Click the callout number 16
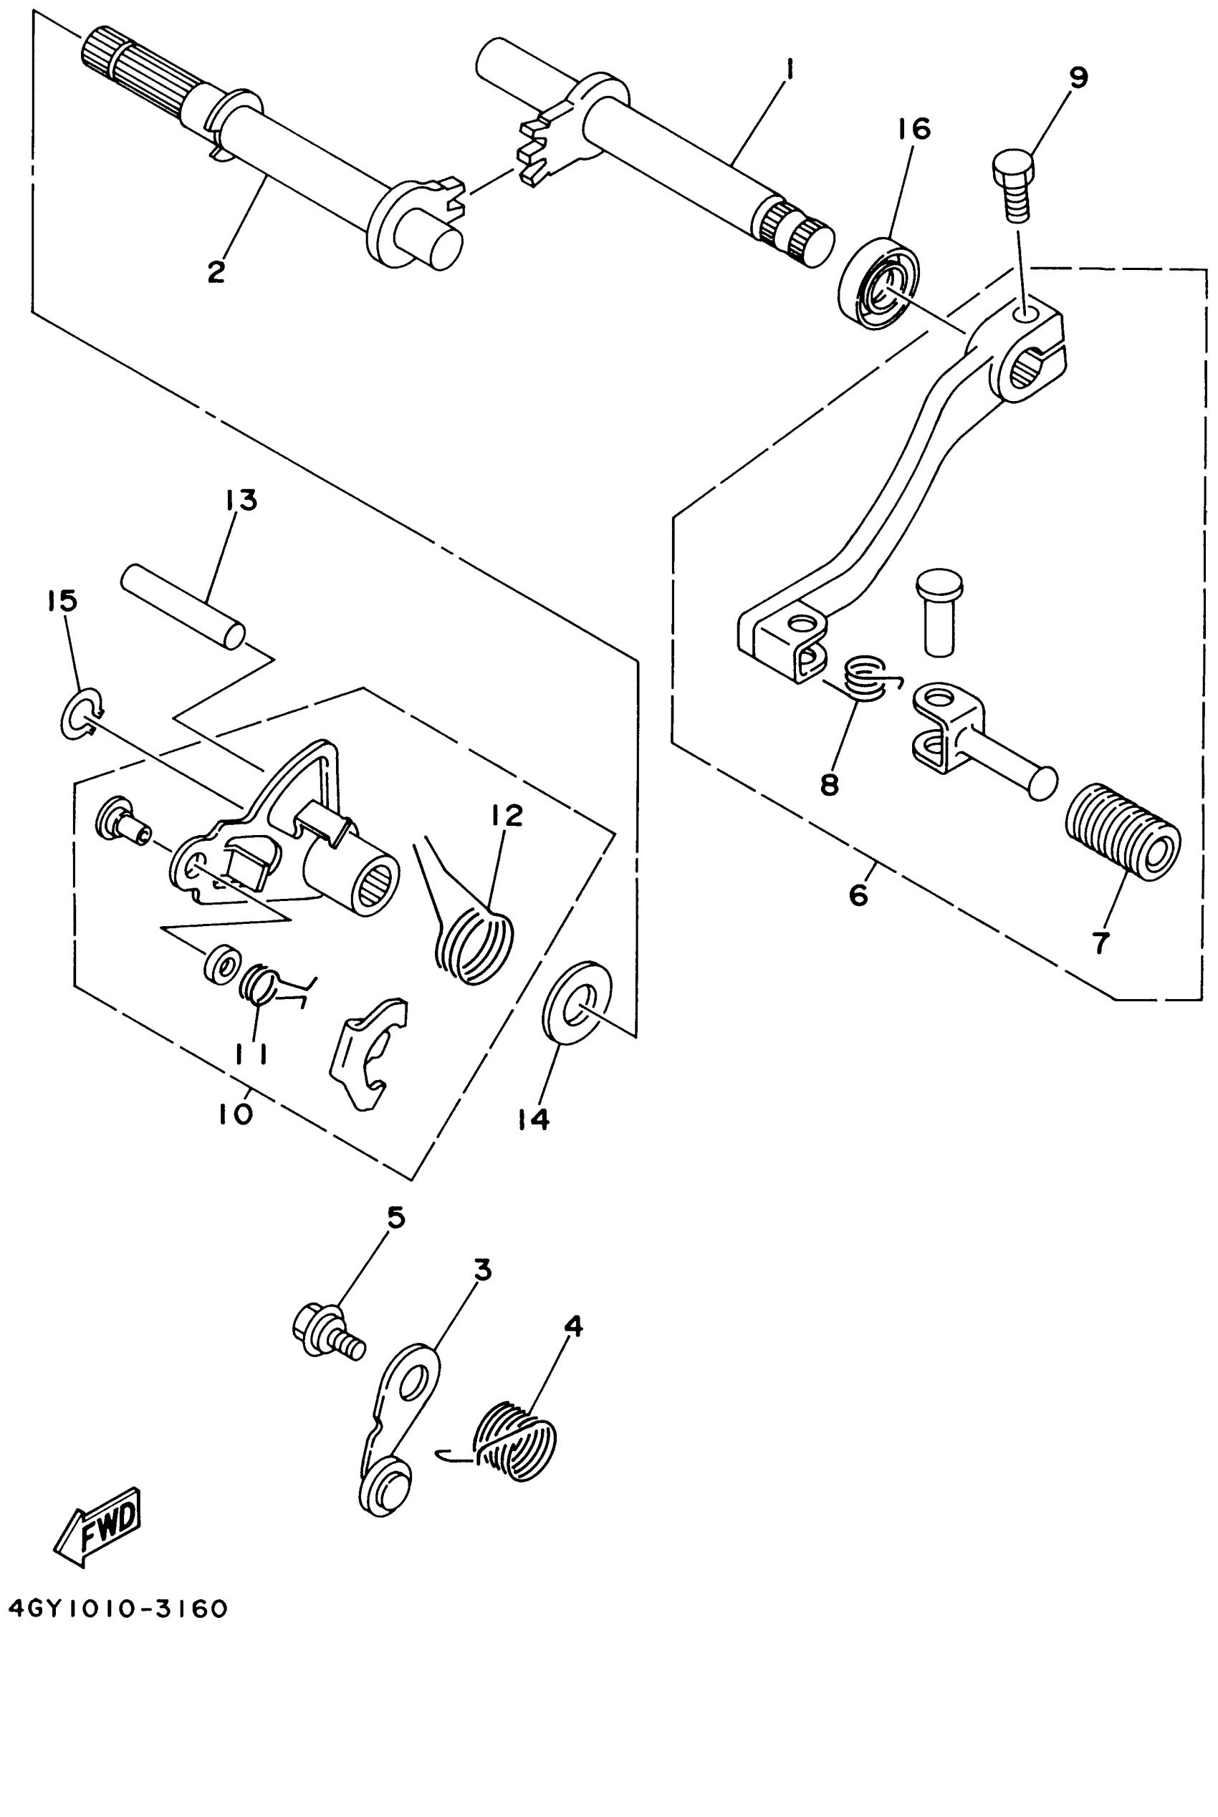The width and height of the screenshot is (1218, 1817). pyautogui.click(x=914, y=128)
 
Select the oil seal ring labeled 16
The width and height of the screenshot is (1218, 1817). pyautogui.click(x=878, y=284)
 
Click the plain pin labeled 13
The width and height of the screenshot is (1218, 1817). pyautogui.click(x=183, y=607)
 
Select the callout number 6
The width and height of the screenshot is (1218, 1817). pyautogui.click(x=858, y=895)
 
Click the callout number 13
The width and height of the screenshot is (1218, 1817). pyautogui.click(x=241, y=501)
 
